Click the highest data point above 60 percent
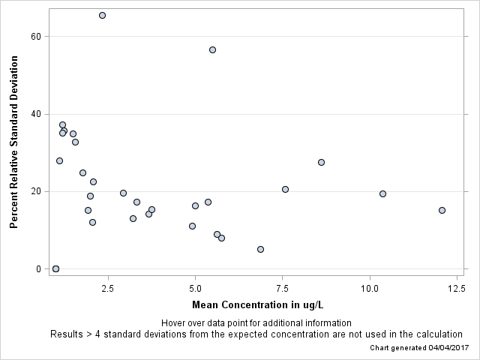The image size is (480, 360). coord(102,15)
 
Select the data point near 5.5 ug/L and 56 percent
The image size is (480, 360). coord(212,49)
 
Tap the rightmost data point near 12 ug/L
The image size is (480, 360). coord(442,210)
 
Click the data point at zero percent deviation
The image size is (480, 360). coord(55,268)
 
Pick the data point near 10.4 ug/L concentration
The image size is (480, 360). coord(382,193)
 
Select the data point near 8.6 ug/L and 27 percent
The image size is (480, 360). coord(321,162)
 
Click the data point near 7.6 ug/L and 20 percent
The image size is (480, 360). coord(285,189)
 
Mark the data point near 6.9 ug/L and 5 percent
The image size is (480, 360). coord(260,249)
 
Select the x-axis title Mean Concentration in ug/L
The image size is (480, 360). coord(258,304)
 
